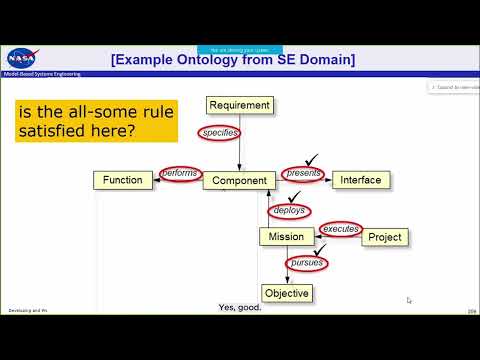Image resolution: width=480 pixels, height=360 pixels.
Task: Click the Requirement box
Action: [239, 104]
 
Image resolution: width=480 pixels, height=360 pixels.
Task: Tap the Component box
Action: [239, 181]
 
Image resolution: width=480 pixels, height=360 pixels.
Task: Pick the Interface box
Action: [360, 180]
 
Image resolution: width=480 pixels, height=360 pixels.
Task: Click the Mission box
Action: [286, 237]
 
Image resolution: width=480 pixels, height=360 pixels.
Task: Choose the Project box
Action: [384, 237]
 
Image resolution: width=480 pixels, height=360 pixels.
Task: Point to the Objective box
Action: [286, 293]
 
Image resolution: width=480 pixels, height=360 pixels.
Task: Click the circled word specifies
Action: [219, 133]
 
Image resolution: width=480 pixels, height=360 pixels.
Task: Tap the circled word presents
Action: [304, 174]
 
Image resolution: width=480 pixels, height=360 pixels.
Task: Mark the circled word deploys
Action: [289, 211]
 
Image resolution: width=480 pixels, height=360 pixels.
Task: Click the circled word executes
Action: [341, 229]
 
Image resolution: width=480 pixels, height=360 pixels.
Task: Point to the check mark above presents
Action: [313, 157]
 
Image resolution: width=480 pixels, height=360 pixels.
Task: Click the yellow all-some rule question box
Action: [96, 121]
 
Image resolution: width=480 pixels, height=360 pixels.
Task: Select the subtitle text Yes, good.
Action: [239, 307]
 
